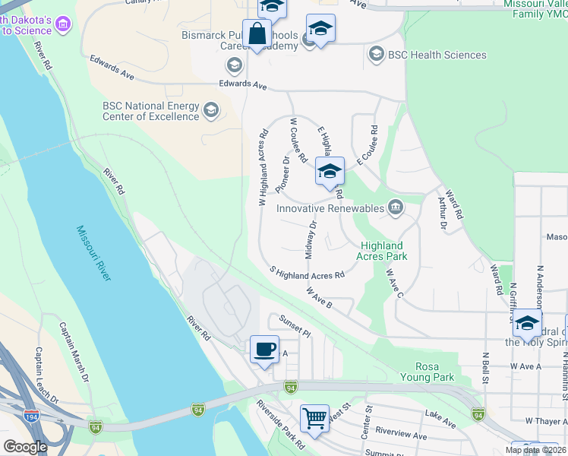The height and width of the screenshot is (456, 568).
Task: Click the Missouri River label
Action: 93,253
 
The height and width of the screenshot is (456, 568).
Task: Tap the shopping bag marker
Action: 257,35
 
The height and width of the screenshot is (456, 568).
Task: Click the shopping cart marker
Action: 314,418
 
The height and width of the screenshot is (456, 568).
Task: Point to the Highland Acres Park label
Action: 384,251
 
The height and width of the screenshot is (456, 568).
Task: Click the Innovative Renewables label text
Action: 330,207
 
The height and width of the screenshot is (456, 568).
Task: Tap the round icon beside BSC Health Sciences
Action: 375,55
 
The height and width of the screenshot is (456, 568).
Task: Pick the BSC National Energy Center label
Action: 150,111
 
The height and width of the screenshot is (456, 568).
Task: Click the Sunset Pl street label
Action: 296,327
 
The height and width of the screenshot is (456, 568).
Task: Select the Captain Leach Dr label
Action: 46,375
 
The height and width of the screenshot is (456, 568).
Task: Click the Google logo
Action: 25,446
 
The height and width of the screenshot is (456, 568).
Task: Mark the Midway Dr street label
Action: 311,239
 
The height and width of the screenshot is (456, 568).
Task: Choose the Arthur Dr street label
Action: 441,212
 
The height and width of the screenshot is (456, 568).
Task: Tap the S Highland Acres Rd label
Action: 308,273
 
